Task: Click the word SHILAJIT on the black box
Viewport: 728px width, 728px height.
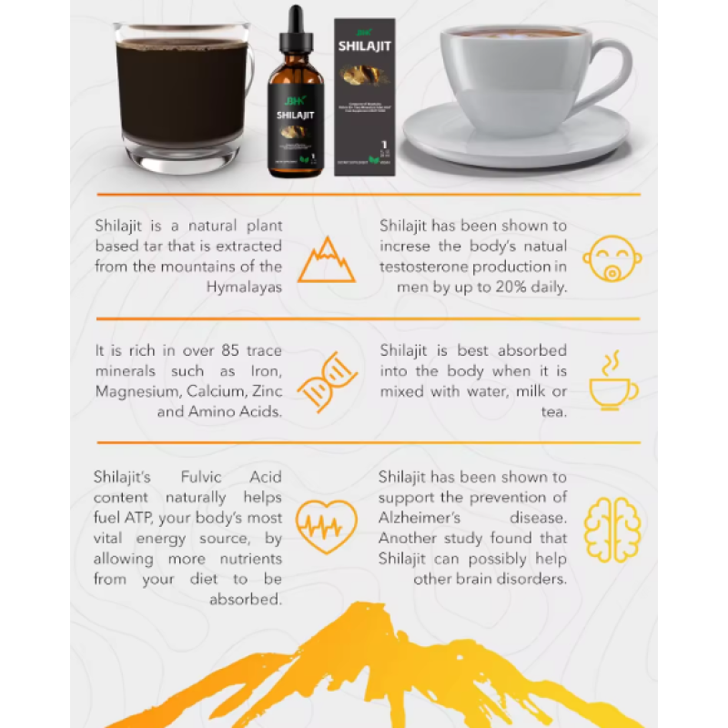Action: (x=365, y=45)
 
